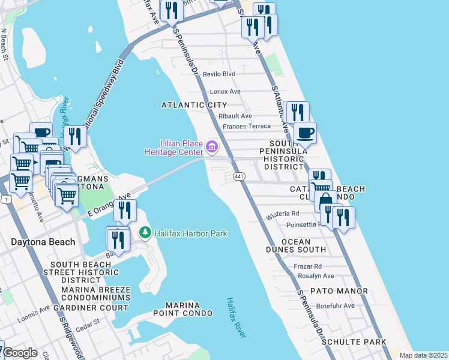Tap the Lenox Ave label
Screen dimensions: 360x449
[x=225, y=92]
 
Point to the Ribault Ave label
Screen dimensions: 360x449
[x=235, y=116]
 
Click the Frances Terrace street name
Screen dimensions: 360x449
[x=247, y=127]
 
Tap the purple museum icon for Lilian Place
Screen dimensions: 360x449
[x=211, y=146]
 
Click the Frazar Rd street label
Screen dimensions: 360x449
[x=309, y=266]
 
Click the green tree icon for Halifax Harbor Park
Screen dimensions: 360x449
[x=145, y=232]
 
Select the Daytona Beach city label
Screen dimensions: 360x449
[x=43, y=242]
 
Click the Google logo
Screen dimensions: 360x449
[x=20, y=353]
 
